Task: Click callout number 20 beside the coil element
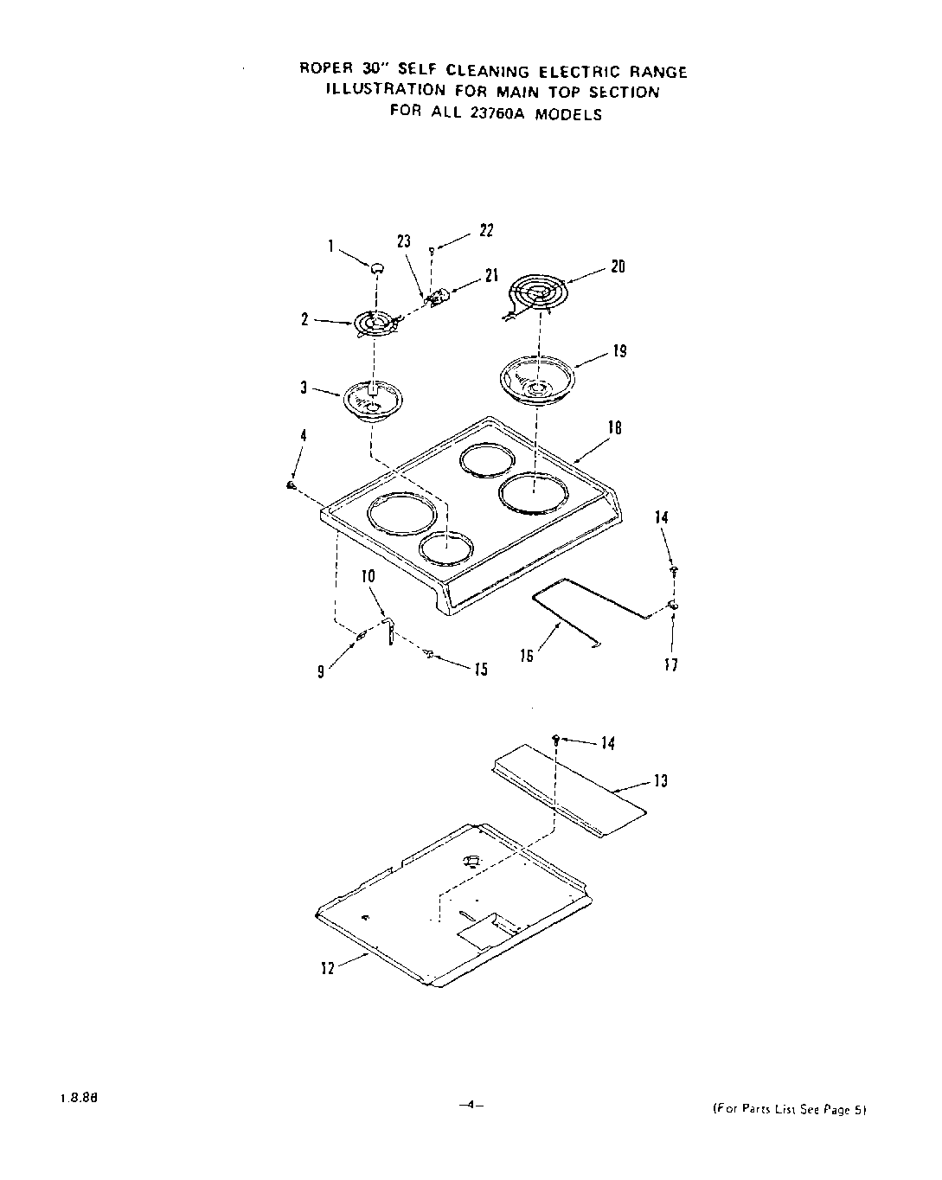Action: click(x=617, y=266)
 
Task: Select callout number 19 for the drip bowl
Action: click(x=619, y=351)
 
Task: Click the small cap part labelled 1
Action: click(x=377, y=269)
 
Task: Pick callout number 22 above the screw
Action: click(x=486, y=231)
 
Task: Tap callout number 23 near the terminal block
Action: click(x=404, y=242)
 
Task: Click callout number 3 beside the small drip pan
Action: click(x=304, y=388)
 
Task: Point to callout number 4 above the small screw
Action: click(x=304, y=437)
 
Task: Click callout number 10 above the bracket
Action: click(x=368, y=576)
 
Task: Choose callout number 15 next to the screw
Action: click(x=480, y=669)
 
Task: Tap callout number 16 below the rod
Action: click(x=526, y=657)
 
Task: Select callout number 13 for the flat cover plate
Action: click(x=661, y=782)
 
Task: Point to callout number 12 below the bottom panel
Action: click(x=328, y=969)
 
